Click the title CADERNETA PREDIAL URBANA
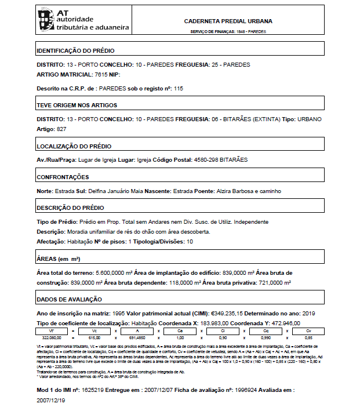228,21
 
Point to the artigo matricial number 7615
101,75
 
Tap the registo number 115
179,88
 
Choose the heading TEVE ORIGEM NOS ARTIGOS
77,106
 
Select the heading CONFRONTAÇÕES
63,177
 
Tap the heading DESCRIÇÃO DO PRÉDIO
70,208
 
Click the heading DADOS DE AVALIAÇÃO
69,299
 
